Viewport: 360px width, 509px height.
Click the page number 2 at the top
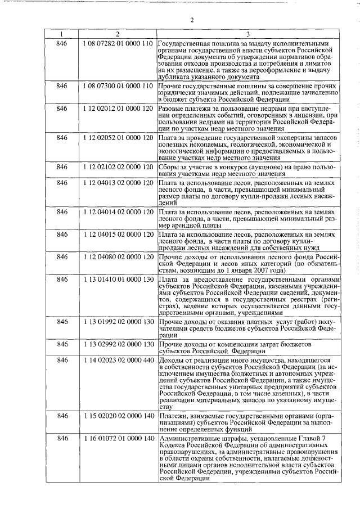tap(192, 21)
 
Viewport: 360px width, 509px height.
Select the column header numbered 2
tap(118, 35)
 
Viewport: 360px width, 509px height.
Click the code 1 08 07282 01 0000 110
tap(118, 44)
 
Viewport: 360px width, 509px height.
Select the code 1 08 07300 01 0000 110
tap(118, 85)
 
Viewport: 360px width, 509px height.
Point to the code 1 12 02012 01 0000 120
tap(118, 106)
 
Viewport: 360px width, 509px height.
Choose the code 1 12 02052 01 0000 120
tap(118, 137)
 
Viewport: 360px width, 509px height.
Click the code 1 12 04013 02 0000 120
tap(118, 184)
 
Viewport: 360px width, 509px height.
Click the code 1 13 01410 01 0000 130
tap(118, 279)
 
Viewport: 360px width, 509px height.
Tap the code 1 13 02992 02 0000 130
tap(118, 344)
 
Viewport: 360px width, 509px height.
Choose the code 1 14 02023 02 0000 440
tap(118, 360)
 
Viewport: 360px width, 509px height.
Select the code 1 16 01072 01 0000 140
tap(118, 438)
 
